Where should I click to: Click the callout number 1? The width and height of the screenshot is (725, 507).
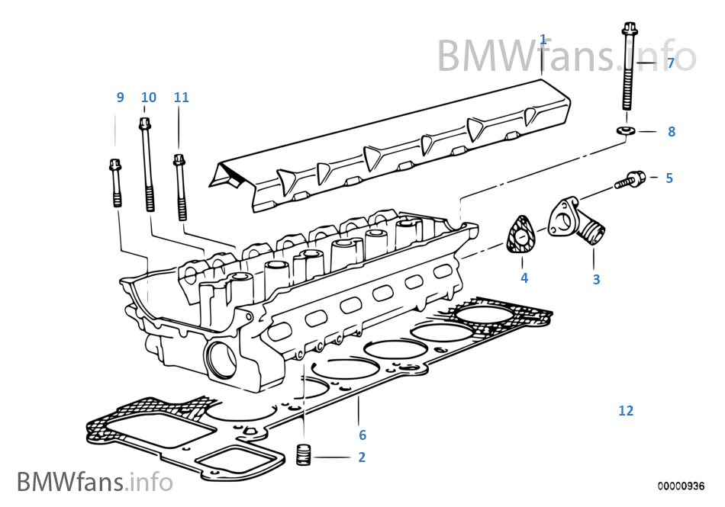(543, 40)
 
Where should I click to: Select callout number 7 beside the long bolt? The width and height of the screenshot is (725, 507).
(671, 63)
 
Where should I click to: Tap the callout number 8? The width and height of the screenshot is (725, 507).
(672, 132)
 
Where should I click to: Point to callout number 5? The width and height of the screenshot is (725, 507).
(669, 178)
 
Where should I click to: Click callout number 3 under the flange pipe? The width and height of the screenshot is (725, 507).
(596, 280)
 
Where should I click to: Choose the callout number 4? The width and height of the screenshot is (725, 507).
(524, 278)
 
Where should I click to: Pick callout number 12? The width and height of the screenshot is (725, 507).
(626, 411)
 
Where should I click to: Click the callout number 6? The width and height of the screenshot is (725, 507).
(362, 435)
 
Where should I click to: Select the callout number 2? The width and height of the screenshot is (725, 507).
(362, 458)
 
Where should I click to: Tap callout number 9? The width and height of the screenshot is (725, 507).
(120, 98)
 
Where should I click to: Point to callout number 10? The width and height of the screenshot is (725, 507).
(148, 98)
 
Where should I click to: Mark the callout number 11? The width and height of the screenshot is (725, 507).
(181, 98)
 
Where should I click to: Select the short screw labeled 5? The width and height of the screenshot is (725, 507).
(630, 180)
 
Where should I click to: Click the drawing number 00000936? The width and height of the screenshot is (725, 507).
(681, 486)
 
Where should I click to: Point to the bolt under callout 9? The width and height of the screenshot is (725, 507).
(116, 182)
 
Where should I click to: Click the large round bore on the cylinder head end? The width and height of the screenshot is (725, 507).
(222, 358)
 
